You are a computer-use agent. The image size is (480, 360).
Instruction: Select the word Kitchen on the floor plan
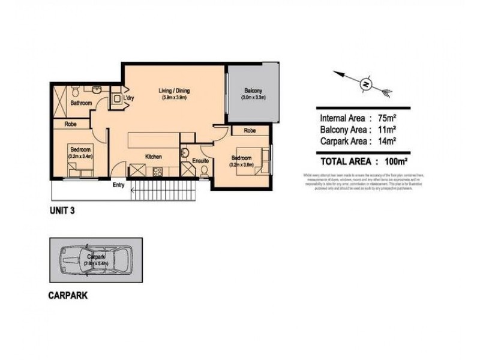coord(154,157)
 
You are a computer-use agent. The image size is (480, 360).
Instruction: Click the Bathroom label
coord(81,103)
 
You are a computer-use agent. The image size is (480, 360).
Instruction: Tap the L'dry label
coord(128,98)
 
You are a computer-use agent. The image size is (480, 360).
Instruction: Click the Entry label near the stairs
coord(118,185)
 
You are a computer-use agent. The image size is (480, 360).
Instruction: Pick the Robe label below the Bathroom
coord(70,124)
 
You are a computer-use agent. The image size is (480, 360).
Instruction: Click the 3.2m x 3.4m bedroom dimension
coord(80,155)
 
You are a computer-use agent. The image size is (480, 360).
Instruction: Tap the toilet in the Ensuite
coord(204,173)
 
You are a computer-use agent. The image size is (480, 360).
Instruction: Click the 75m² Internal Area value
coord(384,118)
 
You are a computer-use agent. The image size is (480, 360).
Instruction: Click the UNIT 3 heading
coord(62,211)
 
